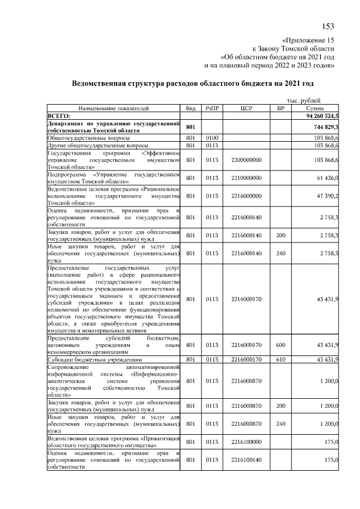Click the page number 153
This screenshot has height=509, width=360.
point(328,27)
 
